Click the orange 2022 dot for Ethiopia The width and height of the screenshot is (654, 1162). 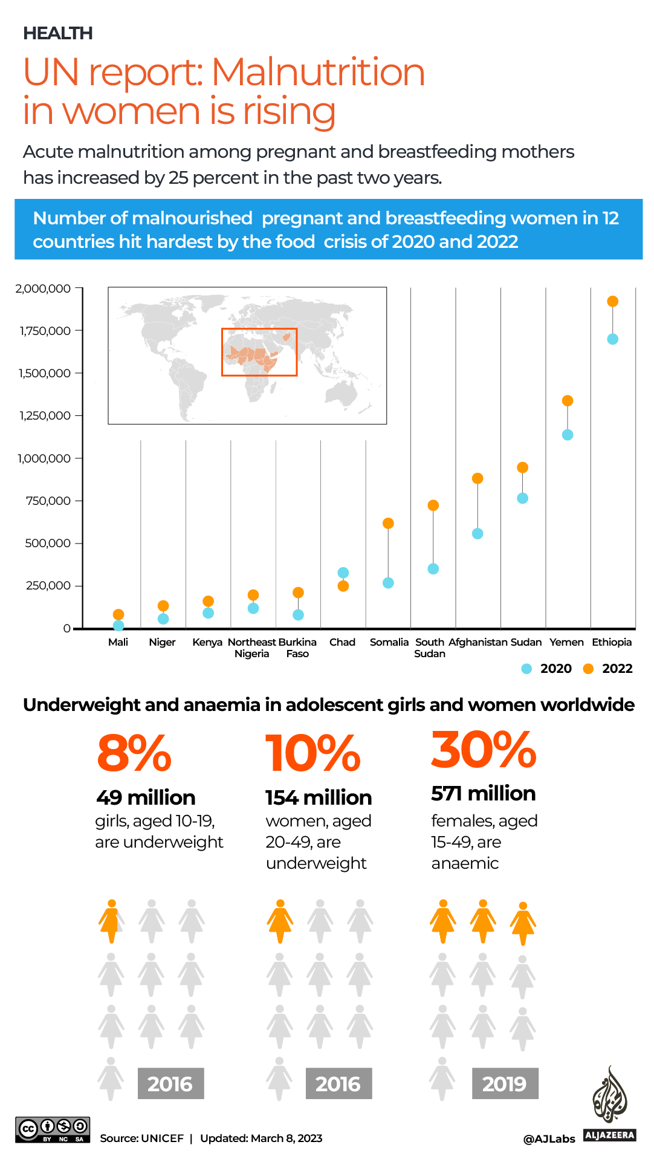pyautogui.click(x=612, y=301)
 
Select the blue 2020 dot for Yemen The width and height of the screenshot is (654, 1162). pyautogui.click(x=568, y=435)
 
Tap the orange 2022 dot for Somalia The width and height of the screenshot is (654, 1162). pyautogui.click(x=388, y=523)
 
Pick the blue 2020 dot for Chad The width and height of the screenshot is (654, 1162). pyautogui.click(x=343, y=573)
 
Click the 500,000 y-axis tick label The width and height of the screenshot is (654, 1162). pyautogui.click(x=47, y=544)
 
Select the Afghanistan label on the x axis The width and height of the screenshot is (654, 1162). pyautogui.click(x=478, y=642)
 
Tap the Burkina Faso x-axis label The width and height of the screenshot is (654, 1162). pyautogui.click(x=297, y=648)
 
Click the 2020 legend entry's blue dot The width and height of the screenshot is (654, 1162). pyautogui.click(x=526, y=669)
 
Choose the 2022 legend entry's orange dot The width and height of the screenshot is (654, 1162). pyautogui.click(x=588, y=669)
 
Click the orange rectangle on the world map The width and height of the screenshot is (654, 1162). pyautogui.click(x=259, y=352)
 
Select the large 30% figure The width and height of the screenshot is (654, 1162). pyautogui.click(x=484, y=750)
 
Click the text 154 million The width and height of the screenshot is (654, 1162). pyautogui.click(x=319, y=797)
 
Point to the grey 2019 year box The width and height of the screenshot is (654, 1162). pyautogui.click(x=505, y=1083)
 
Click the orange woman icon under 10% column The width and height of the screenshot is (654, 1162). pyautogui.click(x=280, y=921)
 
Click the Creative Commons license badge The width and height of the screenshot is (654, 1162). pyautogui.click(x=53, y=1129)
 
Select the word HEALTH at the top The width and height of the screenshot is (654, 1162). pyautogui.click(x=58, y=33)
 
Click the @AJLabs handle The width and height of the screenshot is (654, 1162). pyautogui.click(x=549, y=1139)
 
